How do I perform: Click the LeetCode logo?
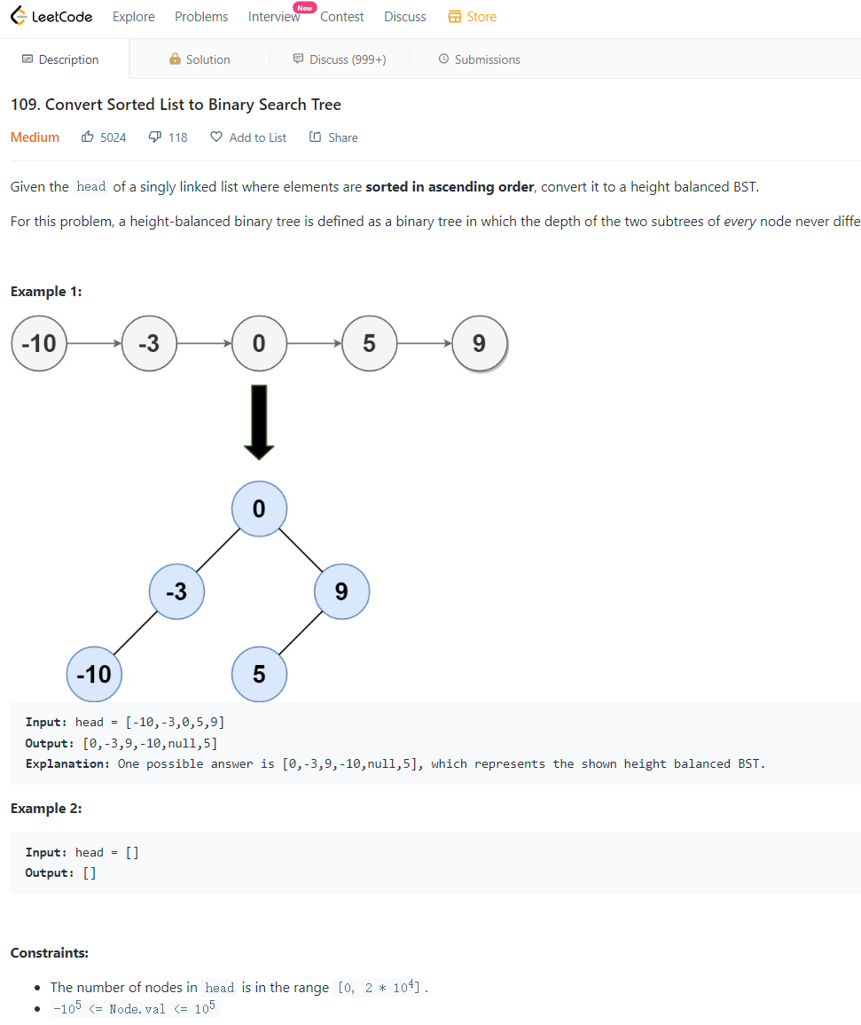51,17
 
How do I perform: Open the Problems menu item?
201,17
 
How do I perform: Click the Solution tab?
200,59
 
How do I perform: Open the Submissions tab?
479,59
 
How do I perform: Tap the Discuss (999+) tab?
340,59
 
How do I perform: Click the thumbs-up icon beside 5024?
88,137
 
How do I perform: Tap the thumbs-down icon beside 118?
154,137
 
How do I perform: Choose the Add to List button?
248,137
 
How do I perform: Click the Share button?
333,137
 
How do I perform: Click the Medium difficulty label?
35,137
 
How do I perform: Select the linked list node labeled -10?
39,343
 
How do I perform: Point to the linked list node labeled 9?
479,343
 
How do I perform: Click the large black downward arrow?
259,422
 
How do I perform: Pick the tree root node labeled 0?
259,509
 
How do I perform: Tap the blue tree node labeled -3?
176,591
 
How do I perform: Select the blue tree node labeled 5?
259,674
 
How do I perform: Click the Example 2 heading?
46,809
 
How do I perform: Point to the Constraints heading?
50,953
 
